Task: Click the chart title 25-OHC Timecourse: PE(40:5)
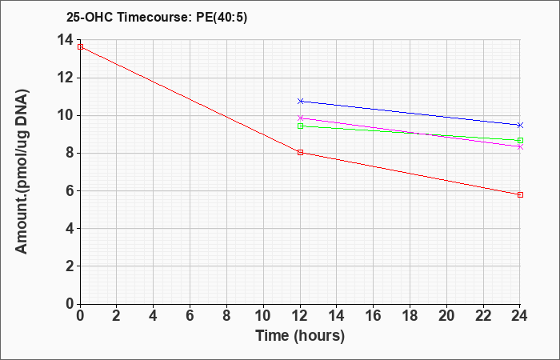pyautogui.click(x=157, y=17)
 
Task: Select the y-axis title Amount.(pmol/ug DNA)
pyautogui.click(x=22, y=172)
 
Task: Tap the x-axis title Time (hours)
pyautogui.click(x=300, y=336)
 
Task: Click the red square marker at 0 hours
pyautogui.click(x=80, y=46)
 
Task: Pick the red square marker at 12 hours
pyautogui.click(x=300, y=153)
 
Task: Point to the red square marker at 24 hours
pyautogui.click(x=520, y=194)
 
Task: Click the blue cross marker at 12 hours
pyautogui.click(x=300, y=101)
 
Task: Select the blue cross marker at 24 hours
pyautogui.click(x=520, y=125)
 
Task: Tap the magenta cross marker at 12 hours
pyautogui.click(x=300, y=118)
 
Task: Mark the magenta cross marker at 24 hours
pyautogui.click(x=520, y=146)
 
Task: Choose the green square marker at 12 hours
pyautogui.click(x=300, y=126)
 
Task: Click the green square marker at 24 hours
pyautogui.click(x=520, y=140)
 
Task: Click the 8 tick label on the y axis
pyautogui.click(x=69, y=154)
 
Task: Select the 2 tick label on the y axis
pyautogui.click(x=69, y=266)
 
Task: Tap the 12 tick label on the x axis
pyautogui.click(x=300, y=316)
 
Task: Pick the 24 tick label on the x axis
pyautogui.click(x=520, y=316)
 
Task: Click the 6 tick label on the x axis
pyautogui.click(x=190, y=316)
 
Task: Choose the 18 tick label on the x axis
pyautogui.click(x=410, y=316)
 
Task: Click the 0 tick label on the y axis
pyautogui.click(x=69, y=303)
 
